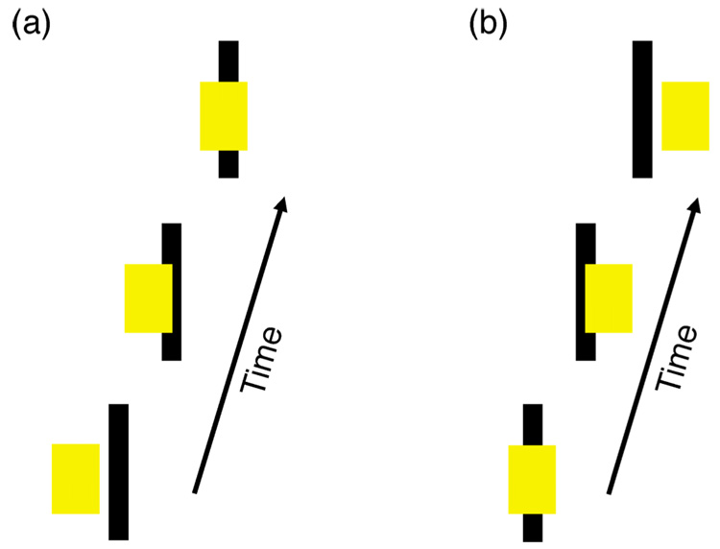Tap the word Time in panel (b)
(676, 356)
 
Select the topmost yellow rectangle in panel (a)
(223, 116)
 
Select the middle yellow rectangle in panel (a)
(148, 298)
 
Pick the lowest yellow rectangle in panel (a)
(75, 478)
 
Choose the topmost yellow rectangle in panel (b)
(684, 116)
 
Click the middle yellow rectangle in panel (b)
(609, 298)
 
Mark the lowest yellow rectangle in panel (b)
(532, 479)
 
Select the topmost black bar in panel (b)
(642, 109)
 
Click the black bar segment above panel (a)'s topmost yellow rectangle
(228, 60)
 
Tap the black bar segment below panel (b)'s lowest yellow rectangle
(533, 528)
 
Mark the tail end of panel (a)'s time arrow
(195, 491)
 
